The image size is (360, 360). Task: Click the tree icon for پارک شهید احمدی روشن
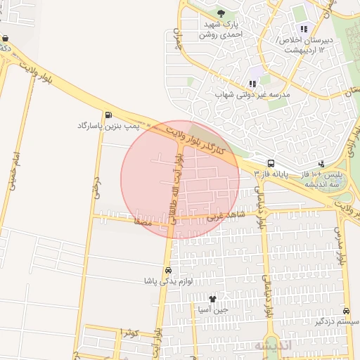(x=221, y=13)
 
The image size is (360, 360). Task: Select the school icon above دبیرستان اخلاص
(x=304, y=29)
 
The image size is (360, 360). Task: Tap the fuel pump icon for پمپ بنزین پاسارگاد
(x=108, y=115)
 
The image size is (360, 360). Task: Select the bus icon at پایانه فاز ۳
(x=271, y=163)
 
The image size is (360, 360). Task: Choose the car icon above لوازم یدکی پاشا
(x=167, y=271)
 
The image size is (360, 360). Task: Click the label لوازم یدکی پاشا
(x=167, y=281)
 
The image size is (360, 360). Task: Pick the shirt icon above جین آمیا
(x=212, y=299)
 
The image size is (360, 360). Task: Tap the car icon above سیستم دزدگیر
(x=346, y=311)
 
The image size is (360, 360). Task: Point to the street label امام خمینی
(x=15, y=169)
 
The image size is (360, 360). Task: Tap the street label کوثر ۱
(x=130, y=332)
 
